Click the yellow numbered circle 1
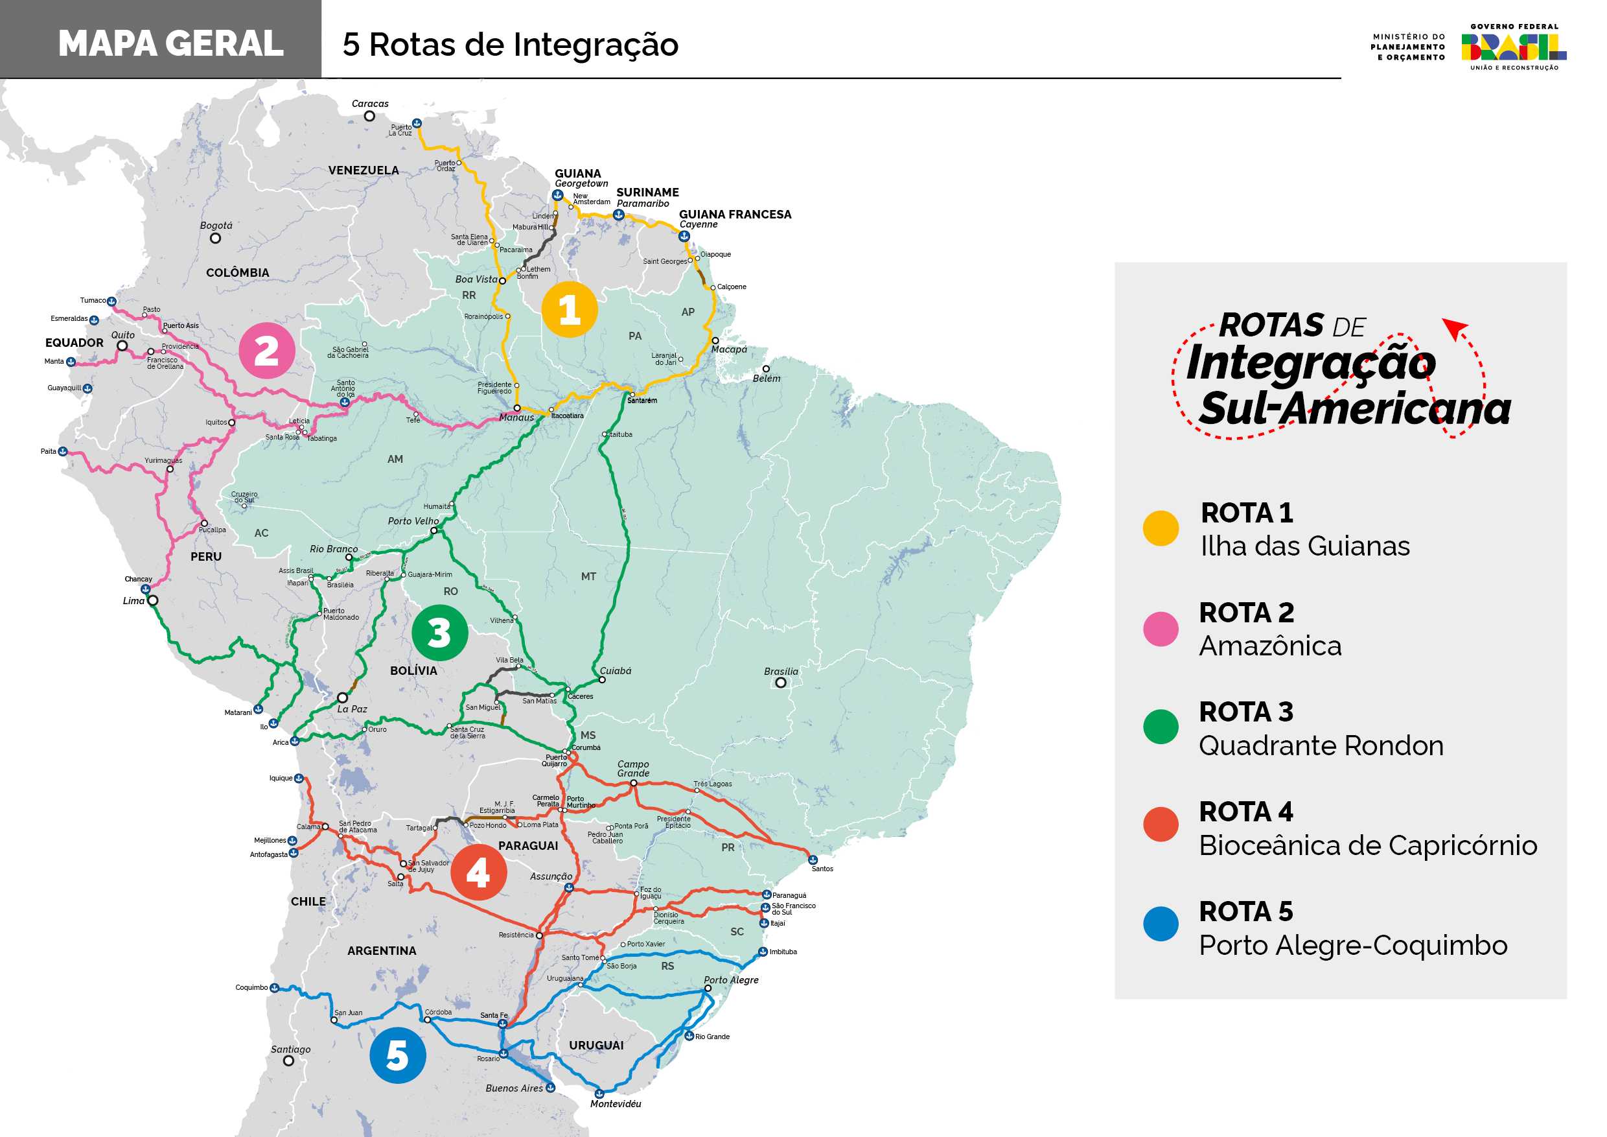tap(569, 309)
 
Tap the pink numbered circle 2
tap(267, 350)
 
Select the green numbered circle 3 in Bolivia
tap(439, 632)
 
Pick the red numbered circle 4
tap(479, 872)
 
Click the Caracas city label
tap(369, 104)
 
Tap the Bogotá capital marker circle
tap(216, 238)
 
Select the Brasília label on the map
tap(780, 671)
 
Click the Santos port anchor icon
tap(813, 859)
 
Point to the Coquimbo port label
tap(251, 987)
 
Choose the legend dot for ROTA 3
tap(1161, 726)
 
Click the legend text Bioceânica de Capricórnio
tap(1368, 845)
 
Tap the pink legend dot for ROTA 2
tap(1161, 628)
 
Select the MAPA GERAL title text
tap(171, 43)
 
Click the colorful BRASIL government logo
tap(1513, 47)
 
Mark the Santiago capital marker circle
tap(288, 1061)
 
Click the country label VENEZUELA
tap(364, 170)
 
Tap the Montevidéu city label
tap(615, 1103)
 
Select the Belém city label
tap(767, 378)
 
